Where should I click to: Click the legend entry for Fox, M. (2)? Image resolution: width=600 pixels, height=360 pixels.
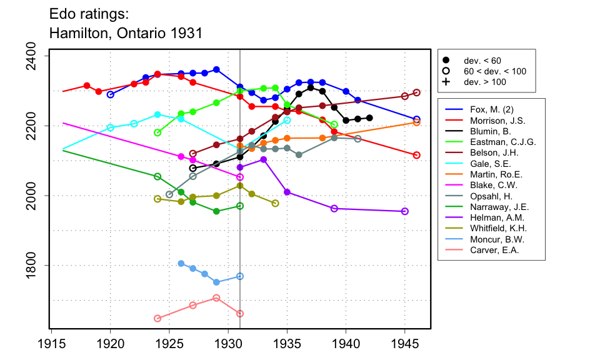(484, 109)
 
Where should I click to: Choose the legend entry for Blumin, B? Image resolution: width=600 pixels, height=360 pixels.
(484, 132)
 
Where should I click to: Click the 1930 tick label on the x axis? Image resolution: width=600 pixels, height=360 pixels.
(228, 343)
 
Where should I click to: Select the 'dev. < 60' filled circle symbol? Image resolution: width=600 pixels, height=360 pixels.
(446, 61)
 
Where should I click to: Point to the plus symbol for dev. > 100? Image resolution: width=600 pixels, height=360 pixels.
(446, 82)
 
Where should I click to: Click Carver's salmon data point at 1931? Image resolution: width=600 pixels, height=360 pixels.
(240, 314)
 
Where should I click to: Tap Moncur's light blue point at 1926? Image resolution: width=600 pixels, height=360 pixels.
(181, 264)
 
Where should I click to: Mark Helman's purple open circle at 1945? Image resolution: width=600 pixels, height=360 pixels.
(405, 211)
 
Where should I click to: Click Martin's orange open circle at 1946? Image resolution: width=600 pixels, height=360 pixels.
(417, 122)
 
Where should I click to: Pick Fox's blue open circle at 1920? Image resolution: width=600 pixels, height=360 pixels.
(111, 94)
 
